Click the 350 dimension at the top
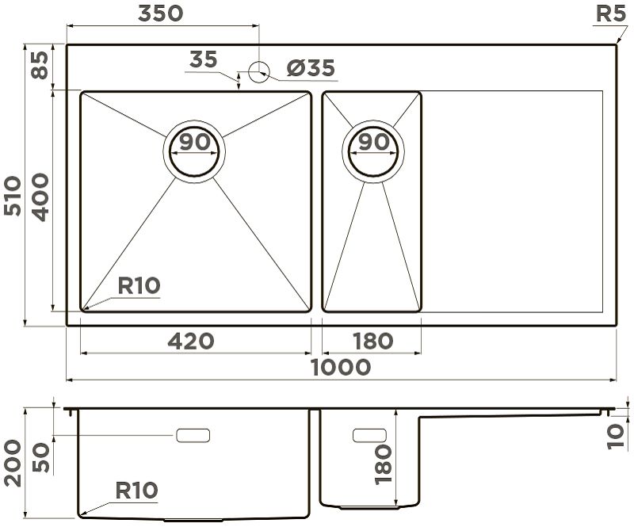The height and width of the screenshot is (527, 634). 161,13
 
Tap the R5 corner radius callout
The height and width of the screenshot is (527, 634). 611,14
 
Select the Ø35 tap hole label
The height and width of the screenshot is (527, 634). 311,68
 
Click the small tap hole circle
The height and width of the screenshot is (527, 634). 258,72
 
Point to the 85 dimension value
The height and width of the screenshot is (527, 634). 40,65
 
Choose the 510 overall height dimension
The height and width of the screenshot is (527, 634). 12,196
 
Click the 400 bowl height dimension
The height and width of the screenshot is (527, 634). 40,197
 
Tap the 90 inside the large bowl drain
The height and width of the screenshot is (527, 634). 195,142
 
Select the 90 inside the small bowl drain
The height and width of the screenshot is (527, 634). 374,142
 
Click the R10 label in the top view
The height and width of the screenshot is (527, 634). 139,285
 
